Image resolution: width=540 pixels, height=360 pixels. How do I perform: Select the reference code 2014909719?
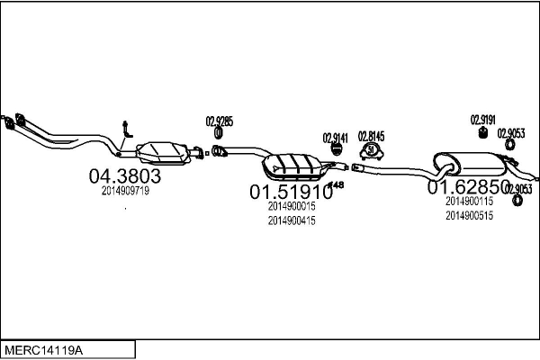click(125, 191)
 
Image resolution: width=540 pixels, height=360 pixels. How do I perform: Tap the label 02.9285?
click(220, 121)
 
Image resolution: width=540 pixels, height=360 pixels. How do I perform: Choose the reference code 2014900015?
click(292, 206)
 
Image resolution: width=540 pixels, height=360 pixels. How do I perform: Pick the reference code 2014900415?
click(292, 220)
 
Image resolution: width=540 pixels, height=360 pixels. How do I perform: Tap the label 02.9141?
click(335, 138)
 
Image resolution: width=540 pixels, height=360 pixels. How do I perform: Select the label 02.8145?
click(371, 136)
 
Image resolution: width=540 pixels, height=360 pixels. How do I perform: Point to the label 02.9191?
click(483, 118)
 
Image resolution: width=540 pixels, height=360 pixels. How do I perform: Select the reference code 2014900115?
click(469, 202)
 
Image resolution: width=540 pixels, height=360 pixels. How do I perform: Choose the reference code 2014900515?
click(469, 216)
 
